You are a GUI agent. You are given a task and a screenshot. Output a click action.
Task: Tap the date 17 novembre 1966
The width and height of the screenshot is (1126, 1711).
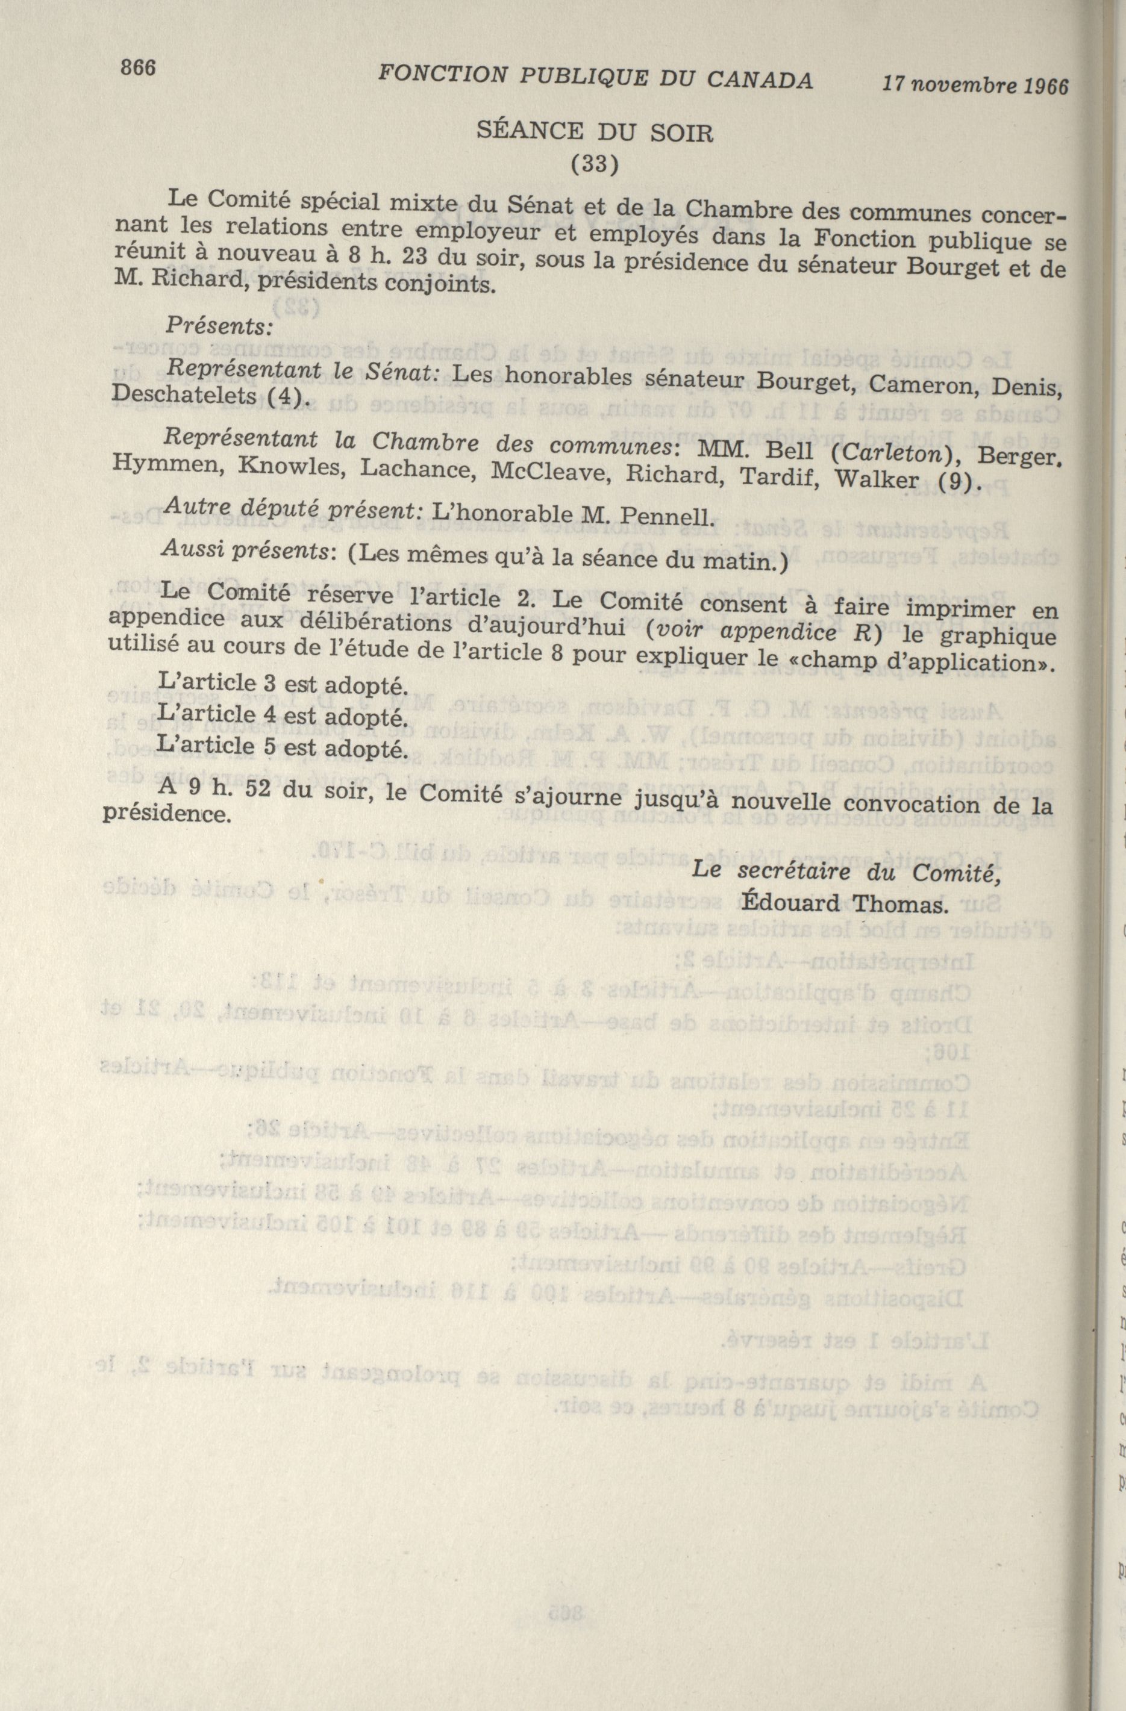point(976,85)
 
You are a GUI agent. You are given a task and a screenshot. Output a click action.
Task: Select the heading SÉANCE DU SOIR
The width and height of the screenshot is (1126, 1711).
point(595,132)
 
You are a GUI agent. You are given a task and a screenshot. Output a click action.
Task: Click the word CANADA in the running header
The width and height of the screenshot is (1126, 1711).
point(760,80)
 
